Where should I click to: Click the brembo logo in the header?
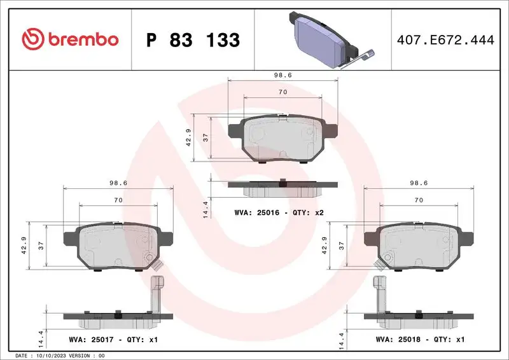point(70,39)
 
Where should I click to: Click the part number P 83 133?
point(193,40)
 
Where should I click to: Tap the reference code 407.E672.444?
point(445,39)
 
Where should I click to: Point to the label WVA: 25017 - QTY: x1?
point(113,340)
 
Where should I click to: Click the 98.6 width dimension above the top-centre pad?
point(282,74)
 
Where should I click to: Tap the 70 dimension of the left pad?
point(118,200)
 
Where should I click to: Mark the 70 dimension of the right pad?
point(419,200)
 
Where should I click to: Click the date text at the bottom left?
point(59,355)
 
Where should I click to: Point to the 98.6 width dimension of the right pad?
point(419,183)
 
